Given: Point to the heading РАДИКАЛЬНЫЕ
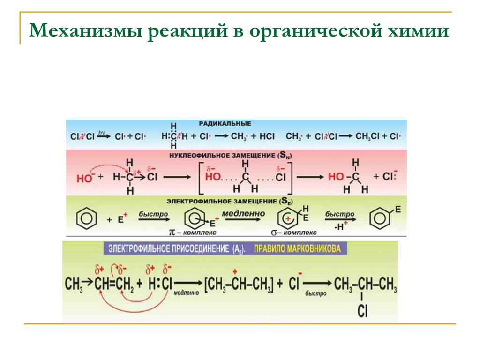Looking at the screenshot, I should click(x=225, y=123).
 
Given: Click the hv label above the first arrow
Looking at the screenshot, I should click(x=101, y=133).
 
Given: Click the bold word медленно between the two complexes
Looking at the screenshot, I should click(x=243, y=214).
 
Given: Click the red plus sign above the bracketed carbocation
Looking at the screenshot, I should click(x=234, y=271).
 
